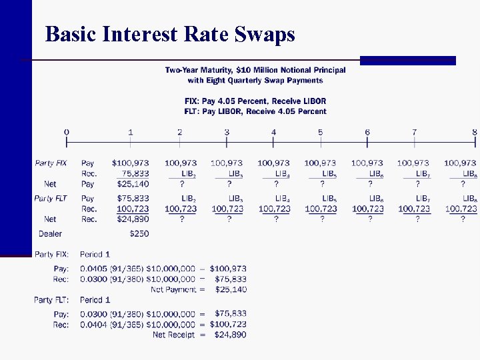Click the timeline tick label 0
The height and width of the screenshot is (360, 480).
tap(67, 132)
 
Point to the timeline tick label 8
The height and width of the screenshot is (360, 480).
tap(474, 132)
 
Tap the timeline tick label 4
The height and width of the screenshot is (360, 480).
tap(273, 132)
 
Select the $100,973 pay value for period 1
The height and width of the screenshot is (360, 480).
tap(131, 163)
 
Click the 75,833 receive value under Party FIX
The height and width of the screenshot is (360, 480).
tap(135, 173)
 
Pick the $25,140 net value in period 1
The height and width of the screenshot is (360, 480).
tap(131, 183)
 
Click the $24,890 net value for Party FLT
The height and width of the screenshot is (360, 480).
tap(131, 219)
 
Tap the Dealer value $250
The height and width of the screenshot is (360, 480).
tap(139, 233)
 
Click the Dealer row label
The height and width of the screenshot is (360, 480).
tap(50, 233)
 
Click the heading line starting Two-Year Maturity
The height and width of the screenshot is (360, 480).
tap(255, 70)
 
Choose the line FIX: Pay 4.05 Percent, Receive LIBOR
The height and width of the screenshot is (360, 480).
tap(255, 101)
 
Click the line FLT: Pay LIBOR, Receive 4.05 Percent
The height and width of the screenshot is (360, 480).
tap(255, 111)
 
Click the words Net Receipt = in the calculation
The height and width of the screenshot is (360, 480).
tap(174, 335)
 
